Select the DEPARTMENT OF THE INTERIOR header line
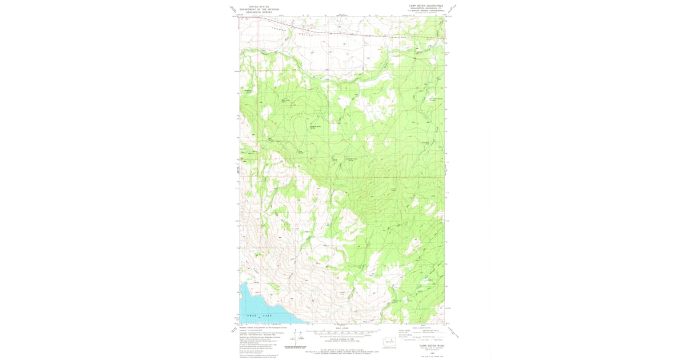[259, 9]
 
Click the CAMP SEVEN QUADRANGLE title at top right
[426, 6]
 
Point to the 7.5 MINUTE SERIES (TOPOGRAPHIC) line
[426, 11]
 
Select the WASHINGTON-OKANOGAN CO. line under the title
[426, 9]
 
